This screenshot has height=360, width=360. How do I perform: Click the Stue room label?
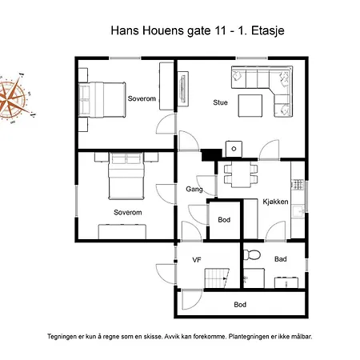pyautogui.click(x=220, y=102)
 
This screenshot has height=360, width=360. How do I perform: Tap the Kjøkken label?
pyautogui.click(x=275, y=202)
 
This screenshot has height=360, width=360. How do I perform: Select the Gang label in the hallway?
pyautogui.click(x=194, y=190)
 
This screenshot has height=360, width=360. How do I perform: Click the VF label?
pyautogui.click(x=197, y=260)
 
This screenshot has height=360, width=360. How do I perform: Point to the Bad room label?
pyautogui.click(x=281, y=259)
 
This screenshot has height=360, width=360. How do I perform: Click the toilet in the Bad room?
pyautogui.click(x=252, y=254)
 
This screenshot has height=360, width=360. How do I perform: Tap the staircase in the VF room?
pyautogui.click(x=217, y=278)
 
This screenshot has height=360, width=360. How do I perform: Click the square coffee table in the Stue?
pyautogui.click(x=250, y=106)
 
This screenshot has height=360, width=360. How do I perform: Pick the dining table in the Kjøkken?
pyautogui.click(x=241, y=174)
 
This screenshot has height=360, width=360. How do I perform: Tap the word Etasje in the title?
pyautogui.click(x=267, y=31)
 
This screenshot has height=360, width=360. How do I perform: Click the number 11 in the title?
pyautogui.click(x=219, y=30)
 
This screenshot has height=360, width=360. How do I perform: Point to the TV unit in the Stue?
pyautogui.click(x=183, y=89)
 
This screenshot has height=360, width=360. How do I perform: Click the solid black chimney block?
pyautogui.click(x=211, y=155)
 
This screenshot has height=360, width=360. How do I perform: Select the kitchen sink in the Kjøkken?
pyautogui.click(x=298, y=211)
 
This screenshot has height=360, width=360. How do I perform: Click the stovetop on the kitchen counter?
pyautogui.click(x=298, y=184)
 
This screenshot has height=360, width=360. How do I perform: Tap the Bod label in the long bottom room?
pyautogui.click(x=240, y=305)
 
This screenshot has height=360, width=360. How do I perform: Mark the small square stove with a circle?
pyautogui.click(x=234, y=149)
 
